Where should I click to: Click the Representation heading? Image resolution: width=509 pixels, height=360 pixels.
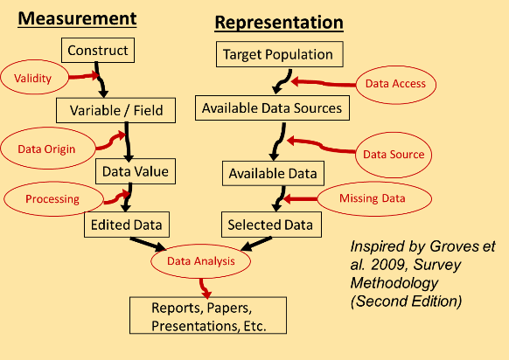point(279,22)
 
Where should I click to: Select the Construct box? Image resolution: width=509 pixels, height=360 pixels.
point(99,51)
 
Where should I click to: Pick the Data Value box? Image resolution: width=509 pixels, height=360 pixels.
point(135,170)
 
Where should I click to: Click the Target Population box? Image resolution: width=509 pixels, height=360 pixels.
point(277,54)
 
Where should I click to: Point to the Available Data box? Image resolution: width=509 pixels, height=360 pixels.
point(270,172)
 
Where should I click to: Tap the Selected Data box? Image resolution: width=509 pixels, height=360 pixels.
point(269,225)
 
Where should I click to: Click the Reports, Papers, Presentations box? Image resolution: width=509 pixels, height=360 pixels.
point(207,316)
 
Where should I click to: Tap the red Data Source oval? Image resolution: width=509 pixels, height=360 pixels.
point(394,154)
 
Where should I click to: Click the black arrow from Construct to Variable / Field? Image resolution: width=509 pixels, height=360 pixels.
point(101,81)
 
